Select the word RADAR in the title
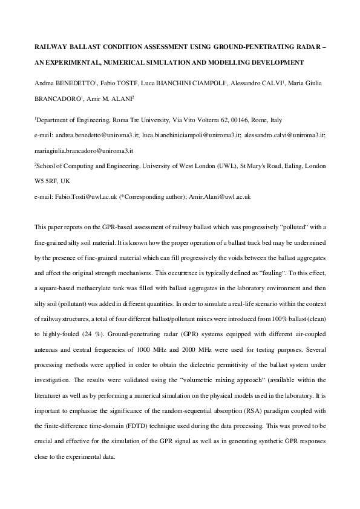click(x=304, y=46)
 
